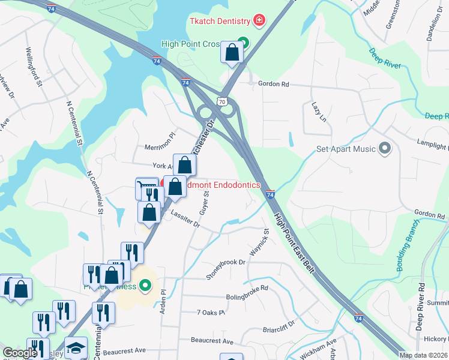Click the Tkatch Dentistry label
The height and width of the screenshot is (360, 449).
tap(220, 22)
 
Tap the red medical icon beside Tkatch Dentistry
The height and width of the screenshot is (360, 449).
tap(259, 22)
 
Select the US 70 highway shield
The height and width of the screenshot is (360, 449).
tap(223, 102)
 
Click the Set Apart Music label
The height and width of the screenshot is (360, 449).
tap(346, 149)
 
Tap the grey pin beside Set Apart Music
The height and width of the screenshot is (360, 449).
tap(385, 148)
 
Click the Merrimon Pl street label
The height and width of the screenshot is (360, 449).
tap(159, 146)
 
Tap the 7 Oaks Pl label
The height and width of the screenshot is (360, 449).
tap(210, 313)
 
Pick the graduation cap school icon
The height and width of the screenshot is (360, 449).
tap(76, 348)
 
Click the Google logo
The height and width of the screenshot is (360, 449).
tap(20, 353)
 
